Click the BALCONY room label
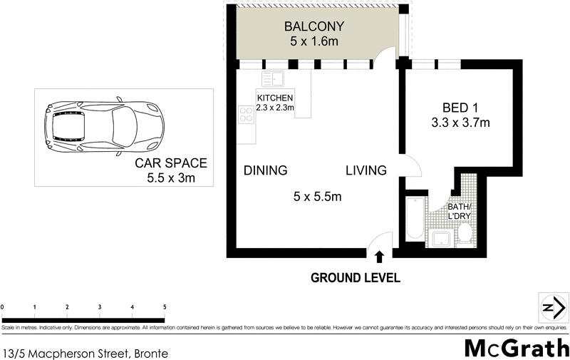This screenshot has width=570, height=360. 314,27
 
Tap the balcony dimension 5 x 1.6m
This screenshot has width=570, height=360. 314,42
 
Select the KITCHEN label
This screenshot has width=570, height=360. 274,98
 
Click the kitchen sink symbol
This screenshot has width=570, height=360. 272,78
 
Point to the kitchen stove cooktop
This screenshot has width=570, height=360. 246,114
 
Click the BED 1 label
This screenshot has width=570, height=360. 460,108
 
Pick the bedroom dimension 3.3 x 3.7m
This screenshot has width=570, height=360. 460,123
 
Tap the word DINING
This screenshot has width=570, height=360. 265,170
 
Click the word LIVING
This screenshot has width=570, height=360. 366,170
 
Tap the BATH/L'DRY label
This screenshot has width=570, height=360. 460,211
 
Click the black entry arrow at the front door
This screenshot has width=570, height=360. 378,257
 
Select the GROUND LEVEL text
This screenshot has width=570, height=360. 356,277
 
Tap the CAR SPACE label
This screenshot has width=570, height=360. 165,164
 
